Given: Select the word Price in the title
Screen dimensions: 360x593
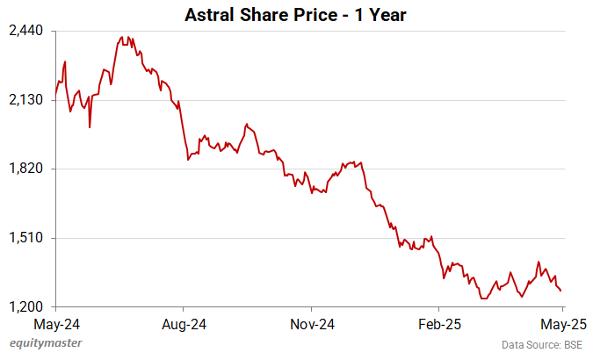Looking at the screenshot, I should coord(312,15).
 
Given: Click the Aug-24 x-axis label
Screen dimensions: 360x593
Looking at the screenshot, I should coord(184,323).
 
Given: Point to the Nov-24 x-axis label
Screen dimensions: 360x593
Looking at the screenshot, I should coord(314,323).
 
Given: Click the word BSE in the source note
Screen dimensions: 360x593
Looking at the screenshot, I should coord(572,344).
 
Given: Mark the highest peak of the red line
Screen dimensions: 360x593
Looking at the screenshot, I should coord(122,38).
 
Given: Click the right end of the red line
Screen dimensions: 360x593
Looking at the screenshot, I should coord(562,291).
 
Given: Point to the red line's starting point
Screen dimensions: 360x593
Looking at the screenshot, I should coord(55,94).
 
